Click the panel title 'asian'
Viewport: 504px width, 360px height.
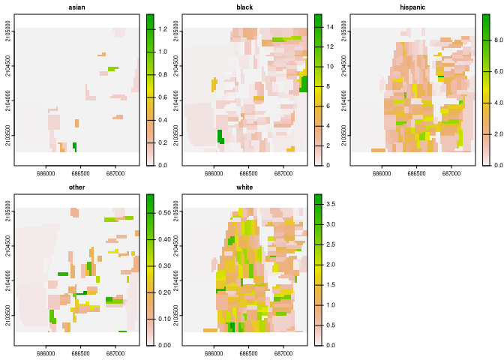[x=76, y=7]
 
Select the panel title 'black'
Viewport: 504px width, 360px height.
[x=244, y=7]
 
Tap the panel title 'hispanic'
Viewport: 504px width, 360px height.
[x=412, y=7]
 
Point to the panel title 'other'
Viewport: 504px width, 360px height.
[x=76, y=187]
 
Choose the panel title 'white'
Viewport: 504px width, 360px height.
[x=244, y=187]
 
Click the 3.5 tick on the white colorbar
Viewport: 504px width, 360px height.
[x=324, y=204]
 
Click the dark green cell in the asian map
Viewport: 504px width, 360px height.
[x=74, y=146]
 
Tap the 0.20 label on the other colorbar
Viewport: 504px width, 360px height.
[x=166, y=292]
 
